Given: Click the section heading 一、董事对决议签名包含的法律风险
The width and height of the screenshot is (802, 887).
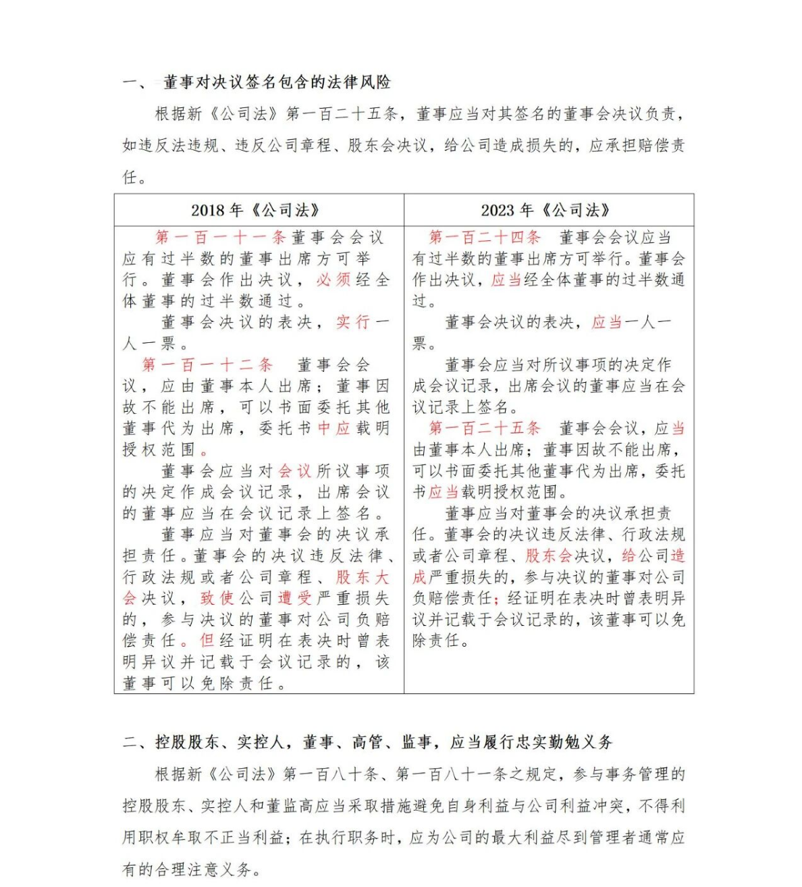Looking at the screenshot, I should [257, 82].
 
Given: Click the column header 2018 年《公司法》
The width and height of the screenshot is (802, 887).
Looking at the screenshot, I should [255, 210].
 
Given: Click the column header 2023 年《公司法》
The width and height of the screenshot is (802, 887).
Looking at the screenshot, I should [545, 210].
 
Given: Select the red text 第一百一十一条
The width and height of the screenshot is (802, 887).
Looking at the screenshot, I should [221, 237].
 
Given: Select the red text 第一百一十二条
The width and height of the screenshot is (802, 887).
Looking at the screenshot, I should [207, 365].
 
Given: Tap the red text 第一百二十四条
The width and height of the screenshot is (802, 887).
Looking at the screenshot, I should [485, 237].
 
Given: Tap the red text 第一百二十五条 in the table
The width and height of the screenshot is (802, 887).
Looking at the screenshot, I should [485, 428].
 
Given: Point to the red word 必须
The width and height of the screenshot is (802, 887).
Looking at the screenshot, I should [333, 279].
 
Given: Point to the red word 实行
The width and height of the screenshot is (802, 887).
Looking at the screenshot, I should [353, 322].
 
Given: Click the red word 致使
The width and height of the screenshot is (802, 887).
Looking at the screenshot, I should [217, 598].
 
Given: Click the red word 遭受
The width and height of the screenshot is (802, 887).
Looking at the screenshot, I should [295, 598].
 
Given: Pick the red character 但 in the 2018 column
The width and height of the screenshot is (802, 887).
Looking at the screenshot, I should [207, 641].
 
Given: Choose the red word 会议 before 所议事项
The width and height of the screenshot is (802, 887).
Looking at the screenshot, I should [294, 471].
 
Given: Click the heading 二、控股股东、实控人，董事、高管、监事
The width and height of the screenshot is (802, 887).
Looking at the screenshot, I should [367, 743].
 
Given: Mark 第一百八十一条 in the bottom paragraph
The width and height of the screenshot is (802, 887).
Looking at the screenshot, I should [447, 774].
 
